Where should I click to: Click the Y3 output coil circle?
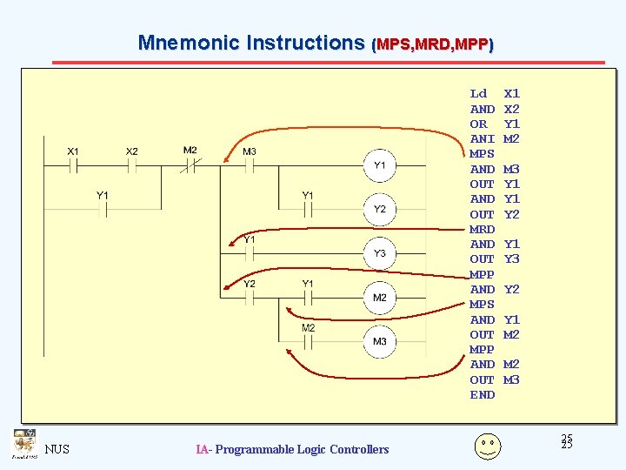[380, 254]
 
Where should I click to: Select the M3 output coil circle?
[380, 342]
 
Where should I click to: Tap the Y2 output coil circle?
[380, 210]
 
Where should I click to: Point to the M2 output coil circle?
[380, 299]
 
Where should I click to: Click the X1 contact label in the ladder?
[74, 151]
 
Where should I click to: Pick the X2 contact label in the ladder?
[131, 151]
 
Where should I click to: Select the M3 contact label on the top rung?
[250, 151]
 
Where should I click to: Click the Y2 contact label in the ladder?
[250, 284]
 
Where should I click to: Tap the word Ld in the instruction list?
[478, 93]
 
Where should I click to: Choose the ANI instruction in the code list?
[482, 138]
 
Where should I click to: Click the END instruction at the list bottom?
[482, 394]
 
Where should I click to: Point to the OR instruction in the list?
[478, 124]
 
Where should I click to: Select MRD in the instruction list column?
[482, 229]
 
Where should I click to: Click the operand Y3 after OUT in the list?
[512, 258]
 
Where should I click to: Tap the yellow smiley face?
[487, 446]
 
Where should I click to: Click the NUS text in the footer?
[57, 449]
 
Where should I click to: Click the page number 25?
[567, 442]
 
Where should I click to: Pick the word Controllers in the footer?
[357, 449]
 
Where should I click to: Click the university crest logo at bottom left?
[23, 443]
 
